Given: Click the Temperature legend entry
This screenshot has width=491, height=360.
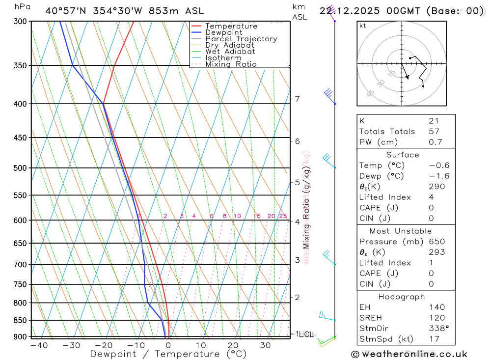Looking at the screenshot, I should click(x=231, y=26).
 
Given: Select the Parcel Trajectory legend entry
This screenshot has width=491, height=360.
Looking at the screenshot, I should click(x=241, y=39).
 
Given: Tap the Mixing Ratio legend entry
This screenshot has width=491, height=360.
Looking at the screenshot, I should click(x=231, y=64).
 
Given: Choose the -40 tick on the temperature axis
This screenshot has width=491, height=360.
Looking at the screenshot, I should click(x=39, y=345).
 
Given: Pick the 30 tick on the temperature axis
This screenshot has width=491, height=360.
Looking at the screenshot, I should click(x=266, y=345).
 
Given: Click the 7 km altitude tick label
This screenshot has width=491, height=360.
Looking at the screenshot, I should click(x=298, y=99).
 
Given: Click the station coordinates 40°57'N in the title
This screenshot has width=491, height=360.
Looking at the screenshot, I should click(x=66, y=11).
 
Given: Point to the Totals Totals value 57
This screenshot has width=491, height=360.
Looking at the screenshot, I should click(x=434, y=132).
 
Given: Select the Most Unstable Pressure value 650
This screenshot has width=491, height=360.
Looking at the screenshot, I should click(x=436, y=242).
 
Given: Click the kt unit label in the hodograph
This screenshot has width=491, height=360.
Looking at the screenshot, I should click(x=363, y=26).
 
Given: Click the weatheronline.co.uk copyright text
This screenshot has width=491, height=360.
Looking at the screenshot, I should click(x=409, y=354).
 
